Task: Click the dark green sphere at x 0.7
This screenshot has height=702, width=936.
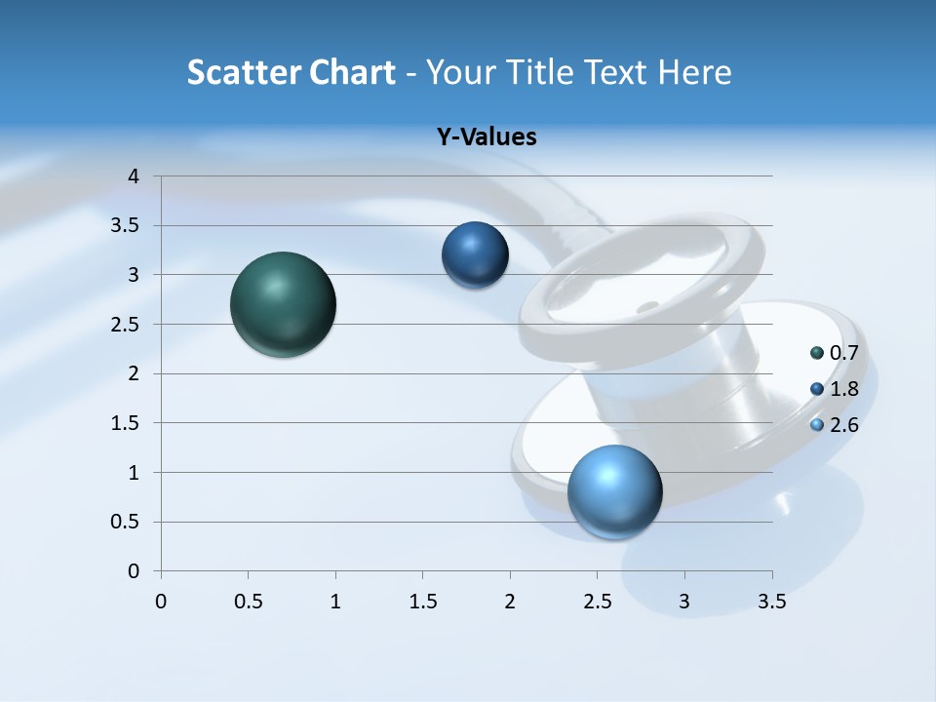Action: (x=283, y=304)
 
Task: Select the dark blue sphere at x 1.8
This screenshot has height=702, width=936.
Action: (x=475, y=254)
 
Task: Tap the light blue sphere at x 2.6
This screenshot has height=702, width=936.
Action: (x=614, y=491)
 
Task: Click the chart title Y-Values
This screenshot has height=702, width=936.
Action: (x=487, y=136)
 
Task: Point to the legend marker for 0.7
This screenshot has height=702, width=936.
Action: (x=817, y=353)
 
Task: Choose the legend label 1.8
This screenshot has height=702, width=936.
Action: (x=843, y=389)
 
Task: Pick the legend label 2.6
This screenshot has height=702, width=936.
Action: (x=843, y=425)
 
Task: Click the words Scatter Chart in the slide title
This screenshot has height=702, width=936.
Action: (x=291, y=72)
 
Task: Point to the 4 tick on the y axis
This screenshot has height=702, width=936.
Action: (x=135, y=176)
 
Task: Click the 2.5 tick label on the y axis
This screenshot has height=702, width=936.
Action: (x=126, y=325)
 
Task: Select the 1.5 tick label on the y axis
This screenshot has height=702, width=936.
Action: (x=126, y=423)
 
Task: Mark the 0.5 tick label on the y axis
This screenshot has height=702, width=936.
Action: (x=126, y=522)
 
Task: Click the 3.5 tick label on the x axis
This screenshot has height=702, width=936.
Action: (x=771, y=602)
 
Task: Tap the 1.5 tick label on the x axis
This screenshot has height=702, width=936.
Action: (x=422, y=602)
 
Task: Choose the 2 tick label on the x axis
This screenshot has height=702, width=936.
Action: (x=510, y=602)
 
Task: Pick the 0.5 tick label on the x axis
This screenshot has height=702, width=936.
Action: (x=248, y=602)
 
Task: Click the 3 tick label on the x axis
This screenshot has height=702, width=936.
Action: (x=684, y=602)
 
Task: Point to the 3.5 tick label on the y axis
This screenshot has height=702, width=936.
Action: (x=126, y=226)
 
